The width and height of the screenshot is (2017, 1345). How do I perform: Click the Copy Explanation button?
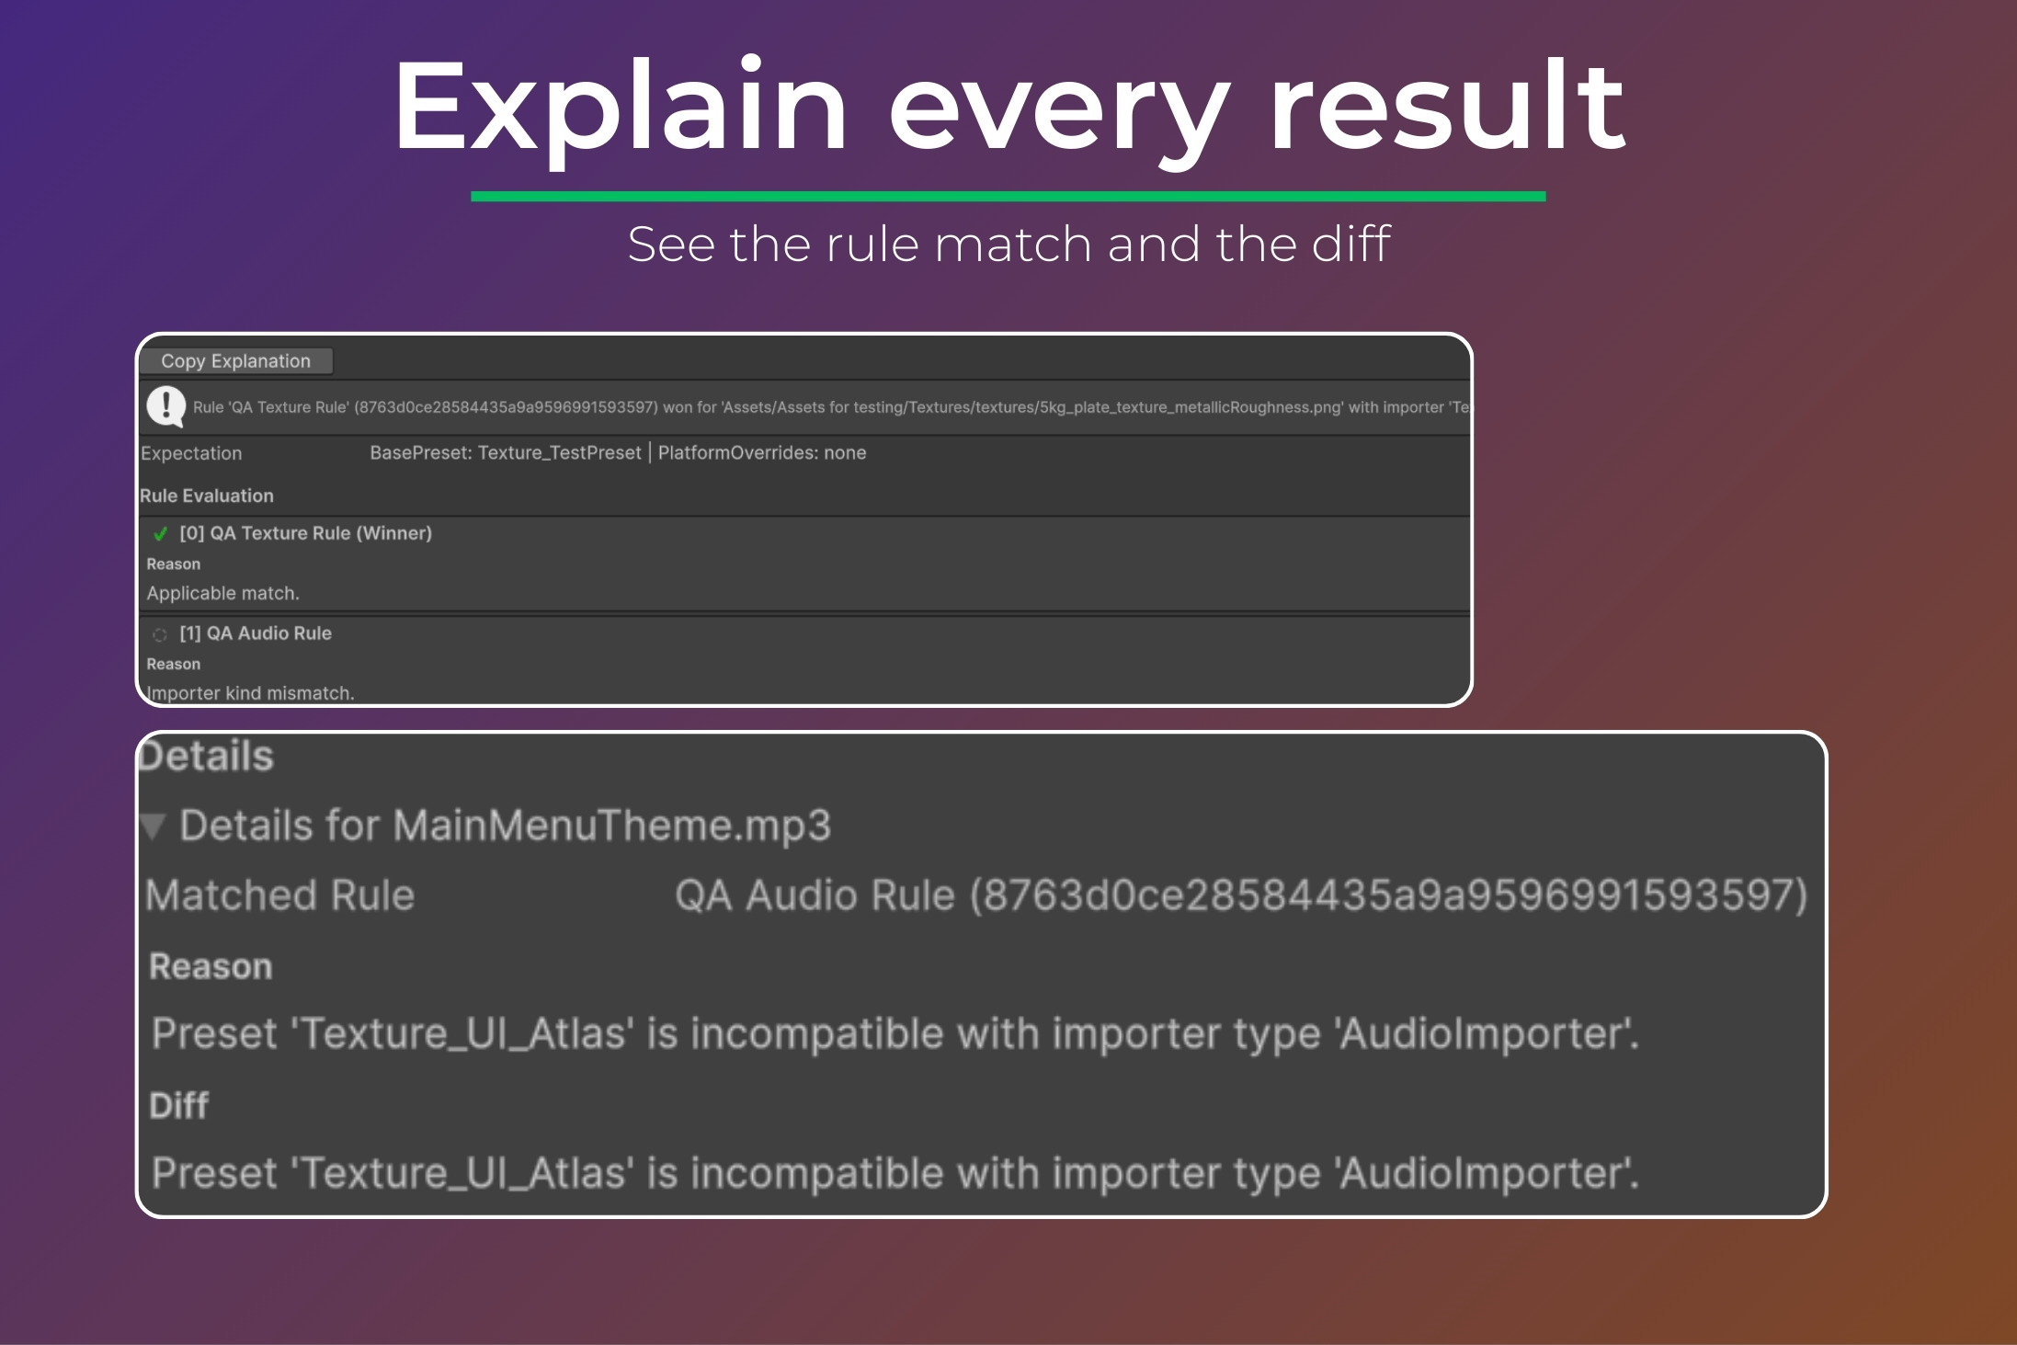236,361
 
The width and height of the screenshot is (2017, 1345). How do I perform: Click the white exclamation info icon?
166,406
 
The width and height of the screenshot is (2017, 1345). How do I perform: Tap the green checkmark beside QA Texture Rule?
161,533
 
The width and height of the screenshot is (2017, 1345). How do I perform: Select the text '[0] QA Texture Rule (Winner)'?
305,533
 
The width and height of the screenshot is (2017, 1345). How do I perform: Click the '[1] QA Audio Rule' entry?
256,633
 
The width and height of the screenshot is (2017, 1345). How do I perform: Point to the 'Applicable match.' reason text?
223,593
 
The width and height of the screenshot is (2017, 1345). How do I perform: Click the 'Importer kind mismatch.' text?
251,693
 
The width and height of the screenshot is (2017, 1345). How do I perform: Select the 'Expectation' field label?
191,453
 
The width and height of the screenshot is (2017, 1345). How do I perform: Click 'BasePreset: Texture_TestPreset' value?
506,453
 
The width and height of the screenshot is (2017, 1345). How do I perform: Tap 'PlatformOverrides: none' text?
762,453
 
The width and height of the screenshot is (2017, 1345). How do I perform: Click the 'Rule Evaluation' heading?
207,496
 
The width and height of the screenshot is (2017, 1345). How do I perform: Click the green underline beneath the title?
1008,196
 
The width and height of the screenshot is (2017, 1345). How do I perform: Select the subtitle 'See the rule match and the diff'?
1008,244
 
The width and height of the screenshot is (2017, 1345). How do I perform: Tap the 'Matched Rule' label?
280,895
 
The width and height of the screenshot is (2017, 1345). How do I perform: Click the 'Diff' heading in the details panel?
179,1105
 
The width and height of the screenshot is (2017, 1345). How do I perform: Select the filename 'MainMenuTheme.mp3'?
612,826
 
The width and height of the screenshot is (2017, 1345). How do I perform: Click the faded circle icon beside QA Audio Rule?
160,634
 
